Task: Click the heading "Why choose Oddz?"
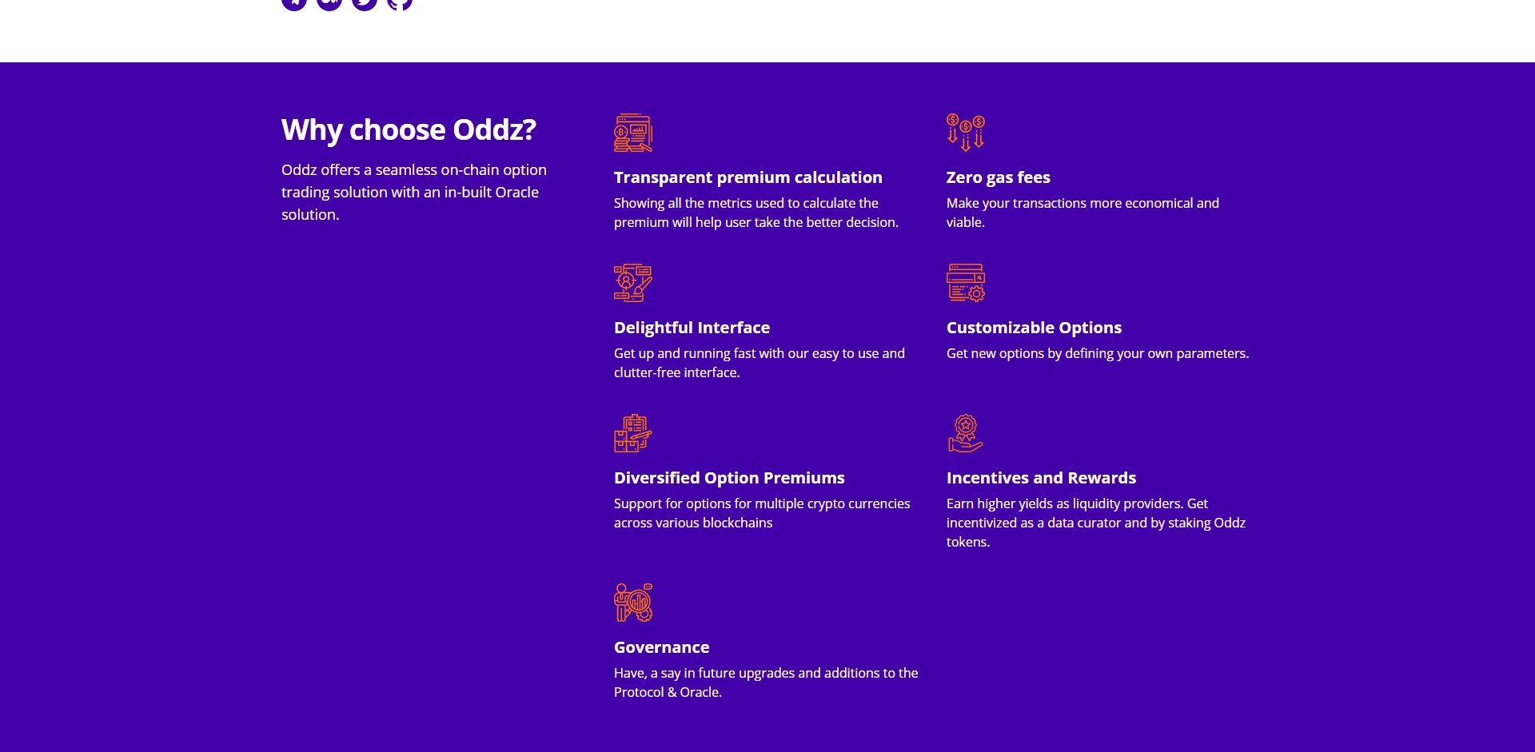409,129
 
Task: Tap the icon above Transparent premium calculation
633,133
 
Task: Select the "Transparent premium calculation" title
748,177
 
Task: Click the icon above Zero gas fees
966,133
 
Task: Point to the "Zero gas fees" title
998,177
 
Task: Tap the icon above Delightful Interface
633,283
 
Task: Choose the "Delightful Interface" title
692,328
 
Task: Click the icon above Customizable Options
966,283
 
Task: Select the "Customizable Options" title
1034,328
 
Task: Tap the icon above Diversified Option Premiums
633,433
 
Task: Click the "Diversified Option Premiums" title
729,478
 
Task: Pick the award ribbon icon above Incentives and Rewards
966,433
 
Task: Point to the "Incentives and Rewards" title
1041,478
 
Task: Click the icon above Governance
633,603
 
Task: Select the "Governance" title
661,647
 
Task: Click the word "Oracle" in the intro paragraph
516,193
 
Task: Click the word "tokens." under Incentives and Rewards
968,542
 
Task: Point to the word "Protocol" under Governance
638,692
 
